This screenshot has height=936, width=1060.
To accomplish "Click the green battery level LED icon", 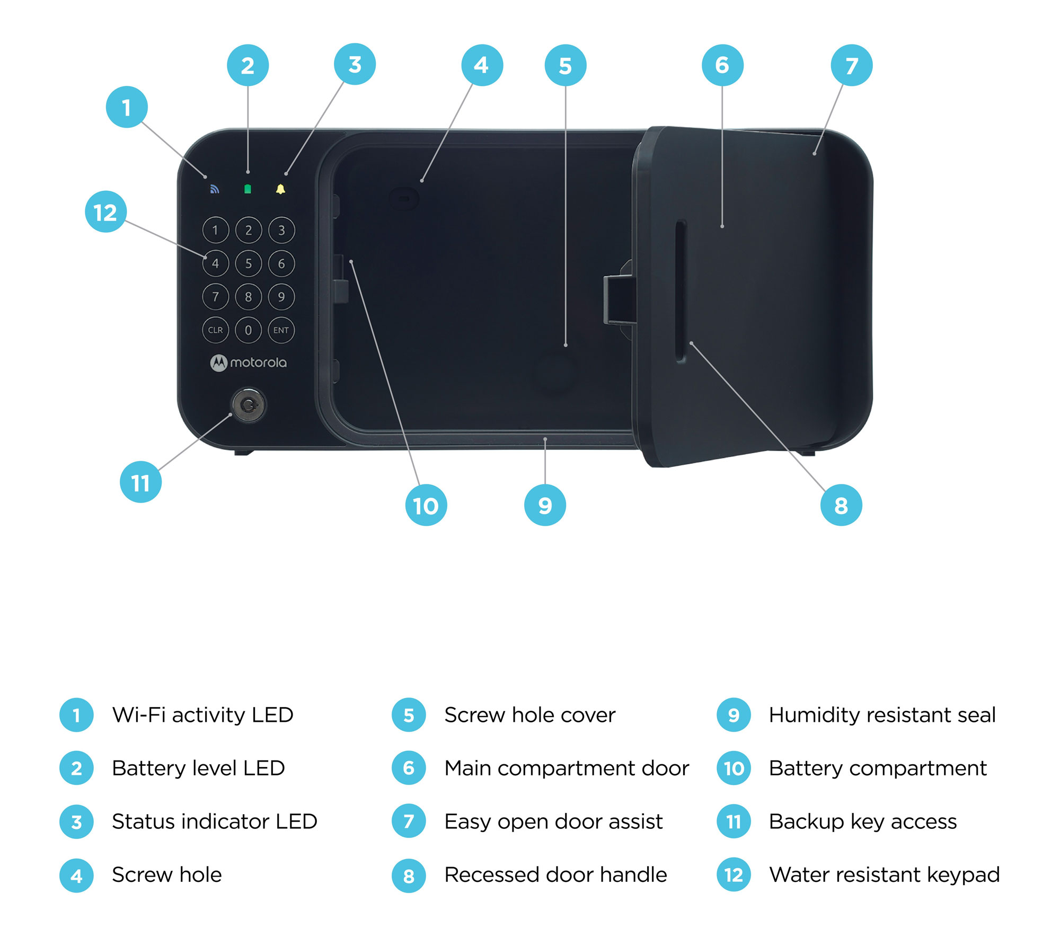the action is (x=248, y=189).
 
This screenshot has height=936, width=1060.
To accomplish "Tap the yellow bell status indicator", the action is (x=280, y=189).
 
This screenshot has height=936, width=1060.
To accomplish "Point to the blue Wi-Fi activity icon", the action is (x=215, y=189).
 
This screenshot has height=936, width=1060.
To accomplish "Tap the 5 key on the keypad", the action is (x=249, y=263).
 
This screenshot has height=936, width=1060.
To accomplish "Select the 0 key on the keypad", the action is (x=249, y=330).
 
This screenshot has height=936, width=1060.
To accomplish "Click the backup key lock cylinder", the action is (x=248, y=405).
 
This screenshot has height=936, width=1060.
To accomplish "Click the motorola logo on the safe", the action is (x=249, y=363).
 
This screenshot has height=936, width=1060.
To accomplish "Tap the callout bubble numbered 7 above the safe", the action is (x=851, y=66).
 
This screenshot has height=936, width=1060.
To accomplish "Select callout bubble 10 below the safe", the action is (x=426, y=505).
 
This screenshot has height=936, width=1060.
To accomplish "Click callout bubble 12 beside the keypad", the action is (x=105, y=212).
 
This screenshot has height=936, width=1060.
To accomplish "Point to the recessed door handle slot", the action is (x=681, y=292).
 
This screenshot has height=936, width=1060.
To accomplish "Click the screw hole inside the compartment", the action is (x=404, y=199).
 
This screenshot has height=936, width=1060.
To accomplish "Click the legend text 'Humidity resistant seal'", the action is (x=882, y=715).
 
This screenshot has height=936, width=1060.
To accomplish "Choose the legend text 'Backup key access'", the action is (x=862, y=822).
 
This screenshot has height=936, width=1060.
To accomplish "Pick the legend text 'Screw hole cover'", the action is (x=529, y=715).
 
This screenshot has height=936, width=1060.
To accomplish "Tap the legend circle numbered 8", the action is (x=409, y=876).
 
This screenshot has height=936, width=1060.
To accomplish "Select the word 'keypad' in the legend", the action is (x=963, y=876).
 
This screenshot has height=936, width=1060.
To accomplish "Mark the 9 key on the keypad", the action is (x=281, y=297).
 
